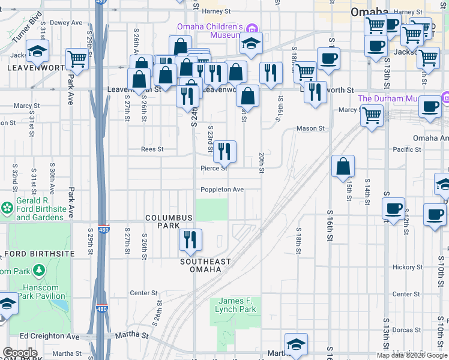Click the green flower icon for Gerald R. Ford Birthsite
[x=7, y=208]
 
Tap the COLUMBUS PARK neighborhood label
[x=170, y=221]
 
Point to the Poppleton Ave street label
[x=222, y=190]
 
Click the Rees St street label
[x=152, y=149]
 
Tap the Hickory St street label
[x=407, y=267]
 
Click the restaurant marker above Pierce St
[x=224, y=151]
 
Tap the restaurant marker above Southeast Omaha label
[x=190, y=239]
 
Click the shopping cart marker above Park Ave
[x=77, y=59]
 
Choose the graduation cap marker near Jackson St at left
[x=37, y=53]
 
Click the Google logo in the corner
[x=19, y=353]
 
